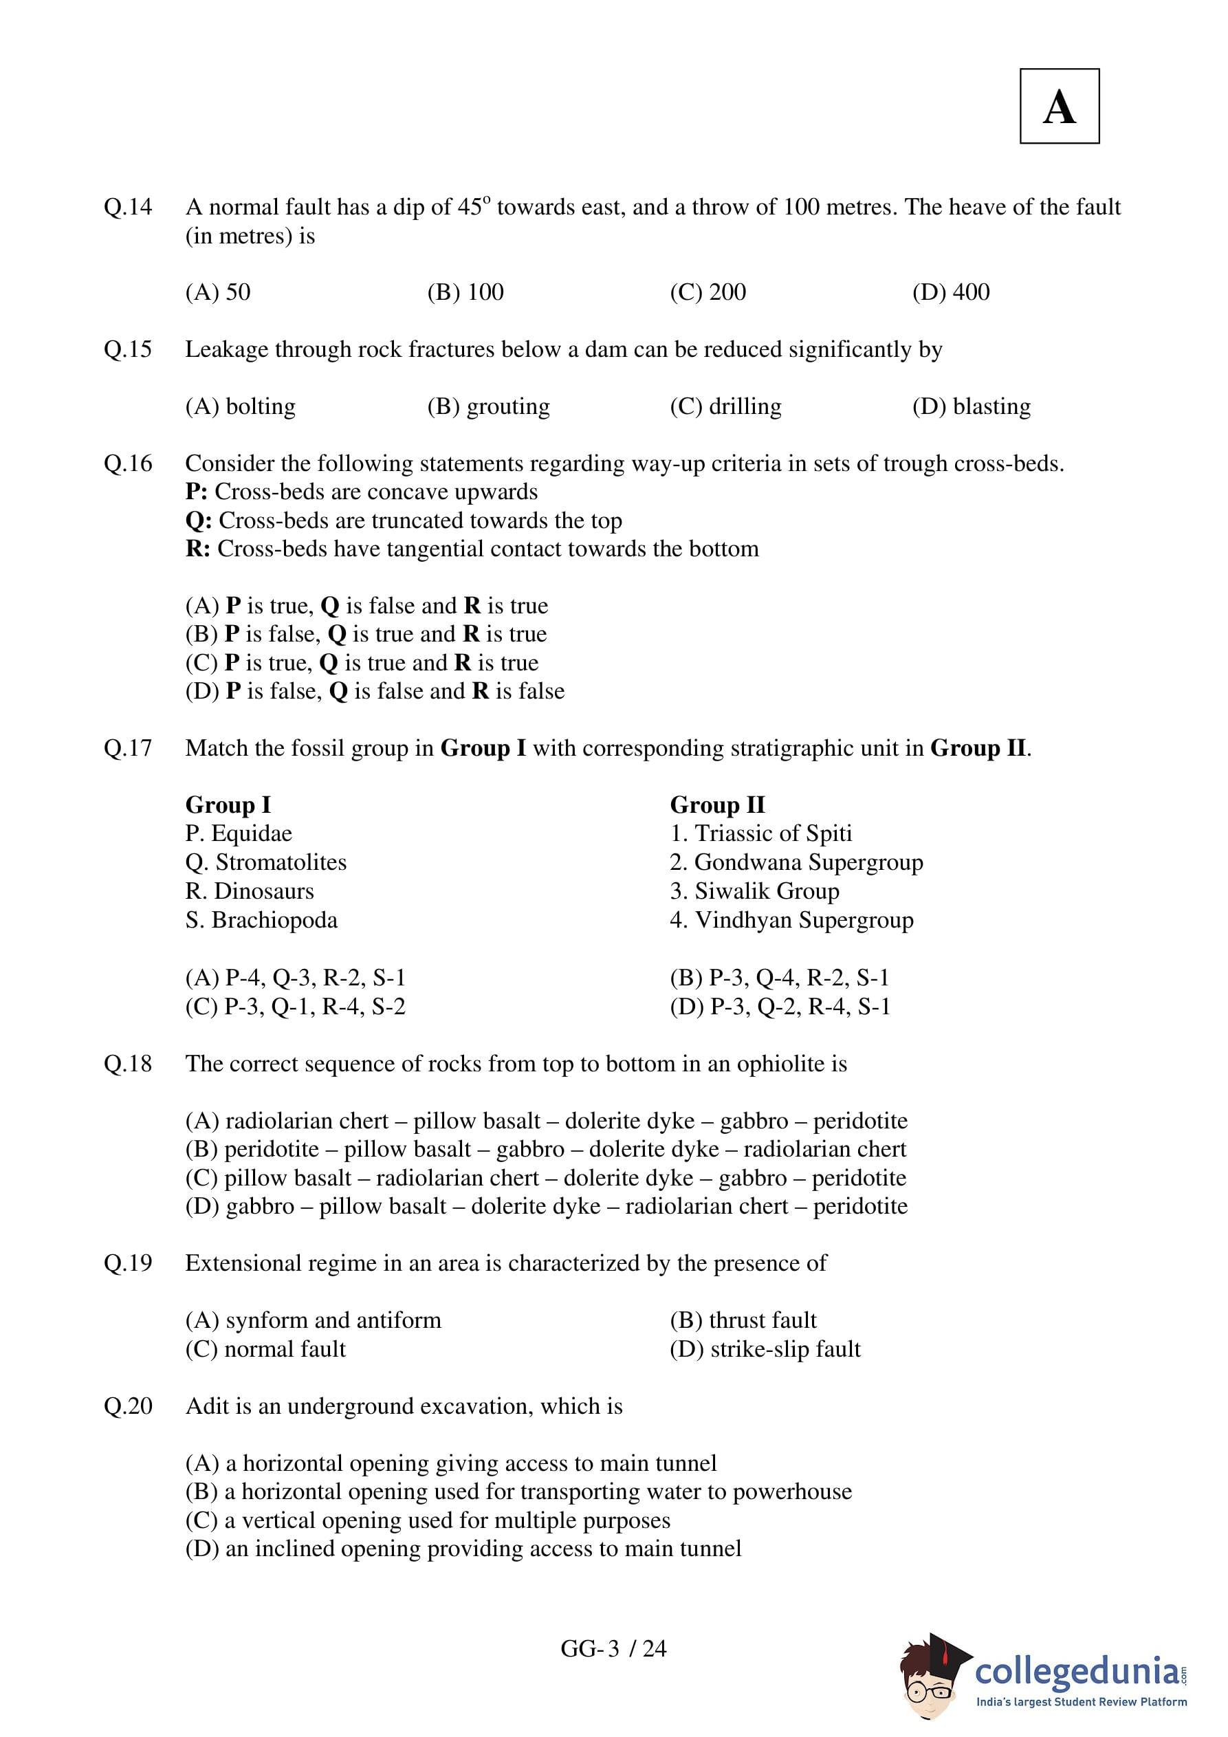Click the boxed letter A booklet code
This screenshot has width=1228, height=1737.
[x=1059, y=107]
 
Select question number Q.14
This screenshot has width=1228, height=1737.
[x=128, y=206]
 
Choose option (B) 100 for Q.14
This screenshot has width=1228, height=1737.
[x=465, y=292]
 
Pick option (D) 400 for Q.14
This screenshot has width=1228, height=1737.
[x=950, y=292]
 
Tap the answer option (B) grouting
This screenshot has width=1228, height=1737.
[x=488, y=406]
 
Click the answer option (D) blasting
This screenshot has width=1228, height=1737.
[x=971, y=406]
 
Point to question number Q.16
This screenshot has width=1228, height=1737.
[x=128, y=463]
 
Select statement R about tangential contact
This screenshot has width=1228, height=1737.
[x=472, y=549]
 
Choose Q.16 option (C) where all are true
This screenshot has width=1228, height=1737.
[x=362, y=663]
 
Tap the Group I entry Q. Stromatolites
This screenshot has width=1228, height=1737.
[x=265, y=862]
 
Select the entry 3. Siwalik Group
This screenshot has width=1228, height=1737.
[x=754, y=891]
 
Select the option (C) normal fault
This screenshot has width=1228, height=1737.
[x=265, y=1349]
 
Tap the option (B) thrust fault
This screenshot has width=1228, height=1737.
[x=743, y=1320]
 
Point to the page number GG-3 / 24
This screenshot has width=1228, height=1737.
[x=613, y=1648]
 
